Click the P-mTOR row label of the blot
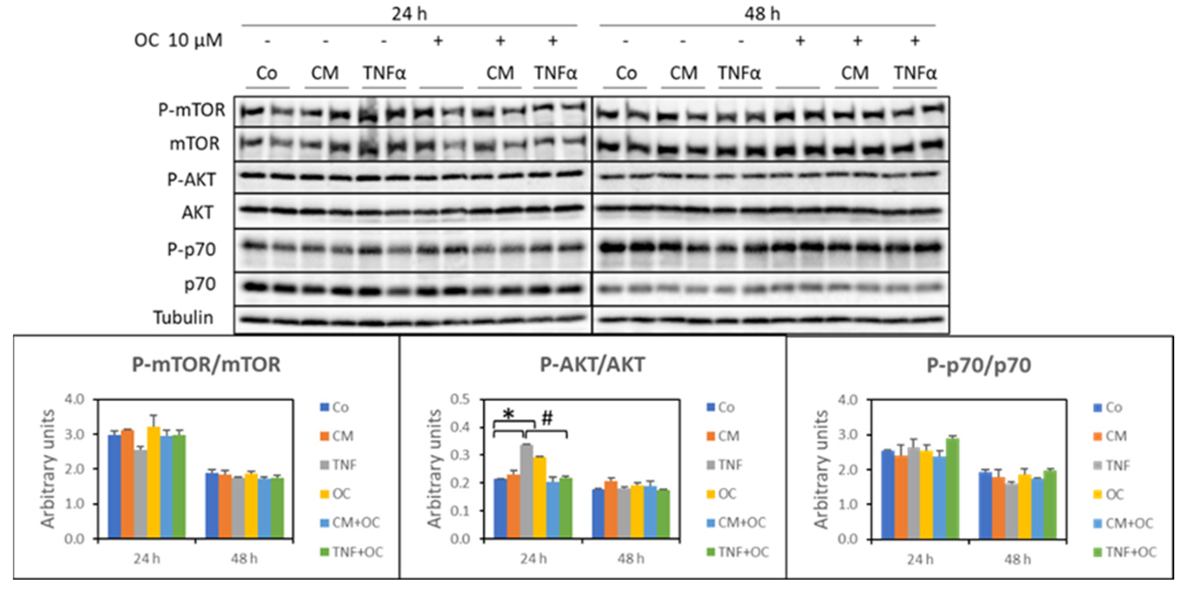[x=192, y=110]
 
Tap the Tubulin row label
[x=183, y=317]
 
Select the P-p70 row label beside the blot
[x=191, y=250]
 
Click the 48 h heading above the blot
[x=762, y=14]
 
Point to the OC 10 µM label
[x=178, y=41]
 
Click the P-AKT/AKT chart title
[x=592, y=365]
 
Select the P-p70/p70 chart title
[x=979, y=365]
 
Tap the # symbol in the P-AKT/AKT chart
[x=547, y=418]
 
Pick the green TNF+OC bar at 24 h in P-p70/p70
[x=952, y=488]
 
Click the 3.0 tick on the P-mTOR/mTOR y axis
[x=74, y=434]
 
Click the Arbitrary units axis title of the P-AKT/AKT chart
[x=434, y=468]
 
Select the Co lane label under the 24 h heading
[x=267, y=73]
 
